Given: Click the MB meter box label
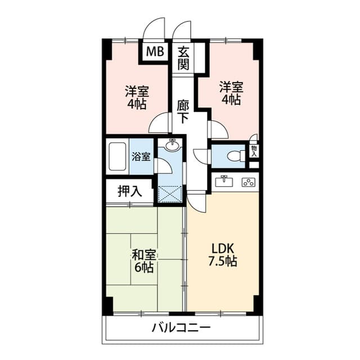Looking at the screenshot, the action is click(x=155, y=51).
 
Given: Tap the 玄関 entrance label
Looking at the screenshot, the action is click(x=183, y=58).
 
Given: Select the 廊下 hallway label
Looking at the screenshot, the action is click(x=183, y=112).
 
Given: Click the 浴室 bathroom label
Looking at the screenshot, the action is click(x=141, y=156).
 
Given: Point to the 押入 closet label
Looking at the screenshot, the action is click(x=130, y=191).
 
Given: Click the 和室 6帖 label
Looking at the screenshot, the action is click(x=144, y=261).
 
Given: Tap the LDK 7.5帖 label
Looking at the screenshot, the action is click(x=223, y=255).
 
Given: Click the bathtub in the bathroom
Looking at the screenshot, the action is click(x=118, y=156).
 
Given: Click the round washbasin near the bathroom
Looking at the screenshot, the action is click(x=173, y=145).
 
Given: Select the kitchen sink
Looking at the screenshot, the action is click(x=224, y=181).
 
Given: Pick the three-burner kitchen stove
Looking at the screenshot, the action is click(x=249, y=182).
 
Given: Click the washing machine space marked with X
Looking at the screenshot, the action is click(x=170, y=195).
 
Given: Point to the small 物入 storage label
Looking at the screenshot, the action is click(x=254, y=151).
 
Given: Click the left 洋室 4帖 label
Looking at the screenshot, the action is click(x=137, y=97).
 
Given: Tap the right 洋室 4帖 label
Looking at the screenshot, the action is click(x=231, y=93).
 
